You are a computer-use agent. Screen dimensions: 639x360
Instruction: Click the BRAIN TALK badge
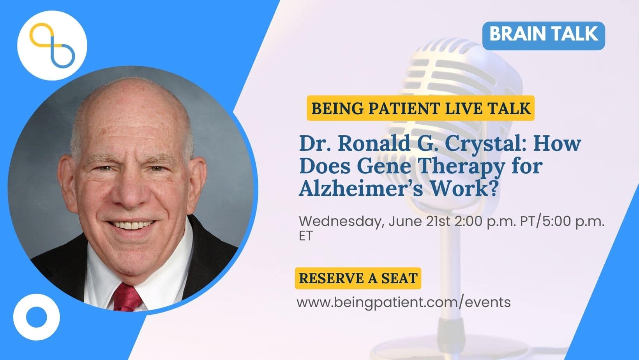(544, 36)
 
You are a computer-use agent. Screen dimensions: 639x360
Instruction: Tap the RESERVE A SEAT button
(358, 278)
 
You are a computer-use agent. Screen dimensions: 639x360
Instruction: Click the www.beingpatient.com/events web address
(403, 302)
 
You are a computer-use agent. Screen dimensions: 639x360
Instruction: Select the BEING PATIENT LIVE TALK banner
(420, 108)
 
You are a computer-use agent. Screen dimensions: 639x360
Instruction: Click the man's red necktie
(127, 298)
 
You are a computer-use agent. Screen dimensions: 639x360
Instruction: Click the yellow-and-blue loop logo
(52, 45)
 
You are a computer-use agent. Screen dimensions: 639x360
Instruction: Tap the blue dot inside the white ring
(37, 317)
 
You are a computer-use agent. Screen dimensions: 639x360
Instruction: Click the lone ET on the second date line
(306, 236)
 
